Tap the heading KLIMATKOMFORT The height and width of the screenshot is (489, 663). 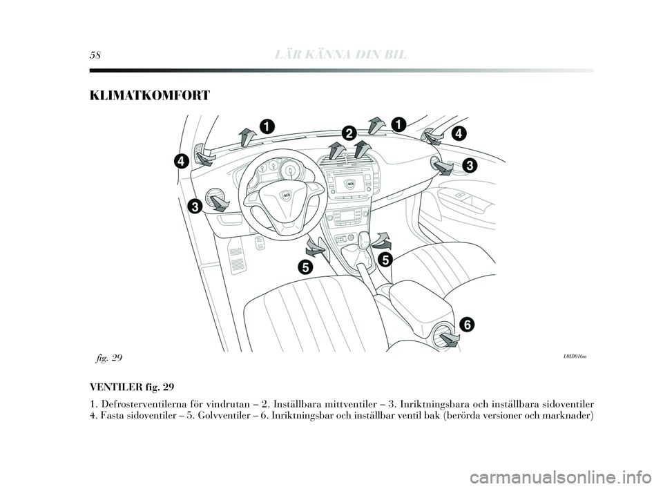(149, 96)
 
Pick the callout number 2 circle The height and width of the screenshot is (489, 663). (348, 133)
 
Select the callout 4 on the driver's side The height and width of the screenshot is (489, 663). (180, 161)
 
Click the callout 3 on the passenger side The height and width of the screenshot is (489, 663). (470, 165)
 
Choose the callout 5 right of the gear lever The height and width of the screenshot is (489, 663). (384, 259)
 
